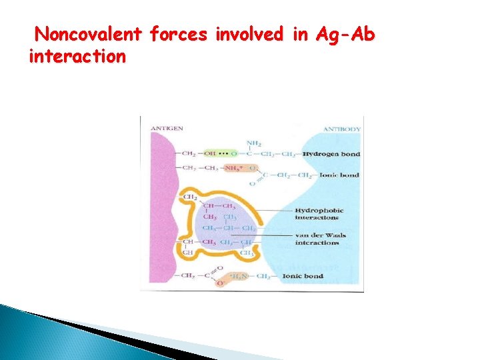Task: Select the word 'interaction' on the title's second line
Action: [77, 57]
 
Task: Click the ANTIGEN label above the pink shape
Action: [167, 128]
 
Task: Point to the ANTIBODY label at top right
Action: [342, 129]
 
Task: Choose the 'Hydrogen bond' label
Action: [331, 154]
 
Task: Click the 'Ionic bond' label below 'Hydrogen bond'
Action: [339, 175]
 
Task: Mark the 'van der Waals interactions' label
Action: [321, 239]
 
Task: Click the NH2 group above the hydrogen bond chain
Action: [253, 143]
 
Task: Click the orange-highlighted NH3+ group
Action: [233, 168]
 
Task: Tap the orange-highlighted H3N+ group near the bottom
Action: [239, 275]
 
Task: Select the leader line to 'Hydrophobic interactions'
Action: [267, 211]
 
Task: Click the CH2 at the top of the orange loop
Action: [189, 197]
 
